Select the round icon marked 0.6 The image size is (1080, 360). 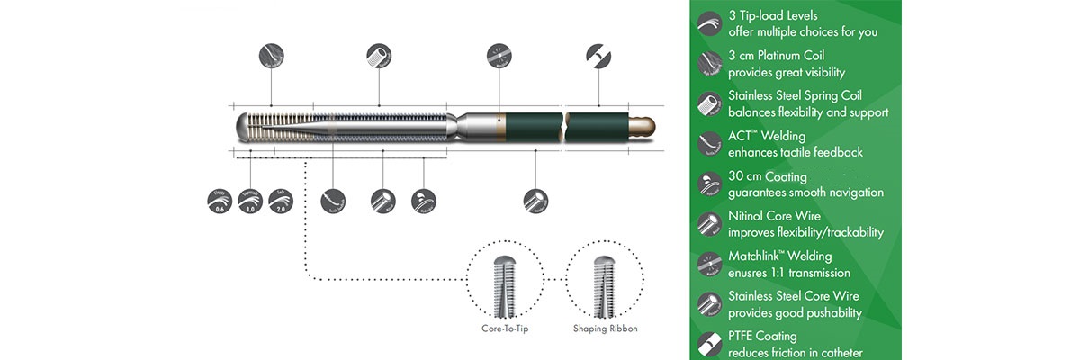[218, 200]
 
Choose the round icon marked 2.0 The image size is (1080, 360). [284, 200]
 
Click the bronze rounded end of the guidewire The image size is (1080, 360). [643, 123]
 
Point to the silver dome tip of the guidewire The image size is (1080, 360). [243, 126]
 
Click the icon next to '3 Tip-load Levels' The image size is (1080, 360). [709, 24]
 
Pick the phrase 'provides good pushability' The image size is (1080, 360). [795, 313]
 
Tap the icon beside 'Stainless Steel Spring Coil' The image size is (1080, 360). [709, 104]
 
